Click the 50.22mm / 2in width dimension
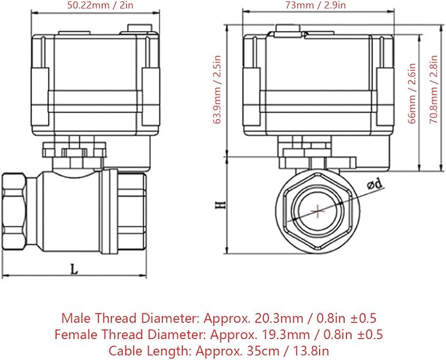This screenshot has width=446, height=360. (x=100, y=5)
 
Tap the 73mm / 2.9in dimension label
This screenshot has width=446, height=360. (x=316, y=5)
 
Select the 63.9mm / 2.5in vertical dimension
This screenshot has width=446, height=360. (x=217, y=89)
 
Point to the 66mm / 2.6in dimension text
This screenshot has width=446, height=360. (x=412, y=93)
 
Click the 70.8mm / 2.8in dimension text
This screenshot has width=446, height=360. (x=434, y=89)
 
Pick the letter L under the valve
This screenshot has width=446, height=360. (x=74, y=269)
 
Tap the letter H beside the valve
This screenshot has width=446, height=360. (x=220, y=205)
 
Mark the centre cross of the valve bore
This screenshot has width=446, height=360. (x=317, y=211)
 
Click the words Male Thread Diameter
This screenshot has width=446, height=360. (x=129, y=318)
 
